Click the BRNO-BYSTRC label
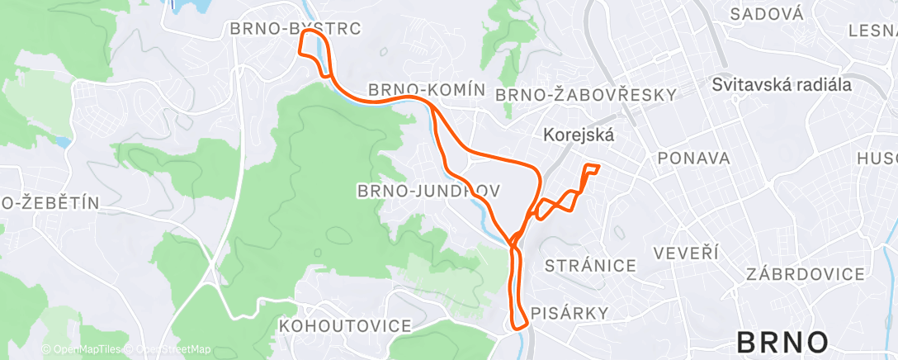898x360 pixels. [295, 29]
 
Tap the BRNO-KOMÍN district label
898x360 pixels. [423, 89]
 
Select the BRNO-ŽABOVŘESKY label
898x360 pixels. [585, 95]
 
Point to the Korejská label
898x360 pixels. [579, 135]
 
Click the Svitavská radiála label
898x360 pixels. [782, 84]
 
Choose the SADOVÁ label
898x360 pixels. [767, 13]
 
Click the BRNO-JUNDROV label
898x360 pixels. [428, 191]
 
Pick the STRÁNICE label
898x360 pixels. [590, 265]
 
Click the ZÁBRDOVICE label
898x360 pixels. [805, 274]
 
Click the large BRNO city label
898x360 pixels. [782, 342]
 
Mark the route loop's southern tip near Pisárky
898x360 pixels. [520, 327]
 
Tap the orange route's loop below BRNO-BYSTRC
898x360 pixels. [312, 50]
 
